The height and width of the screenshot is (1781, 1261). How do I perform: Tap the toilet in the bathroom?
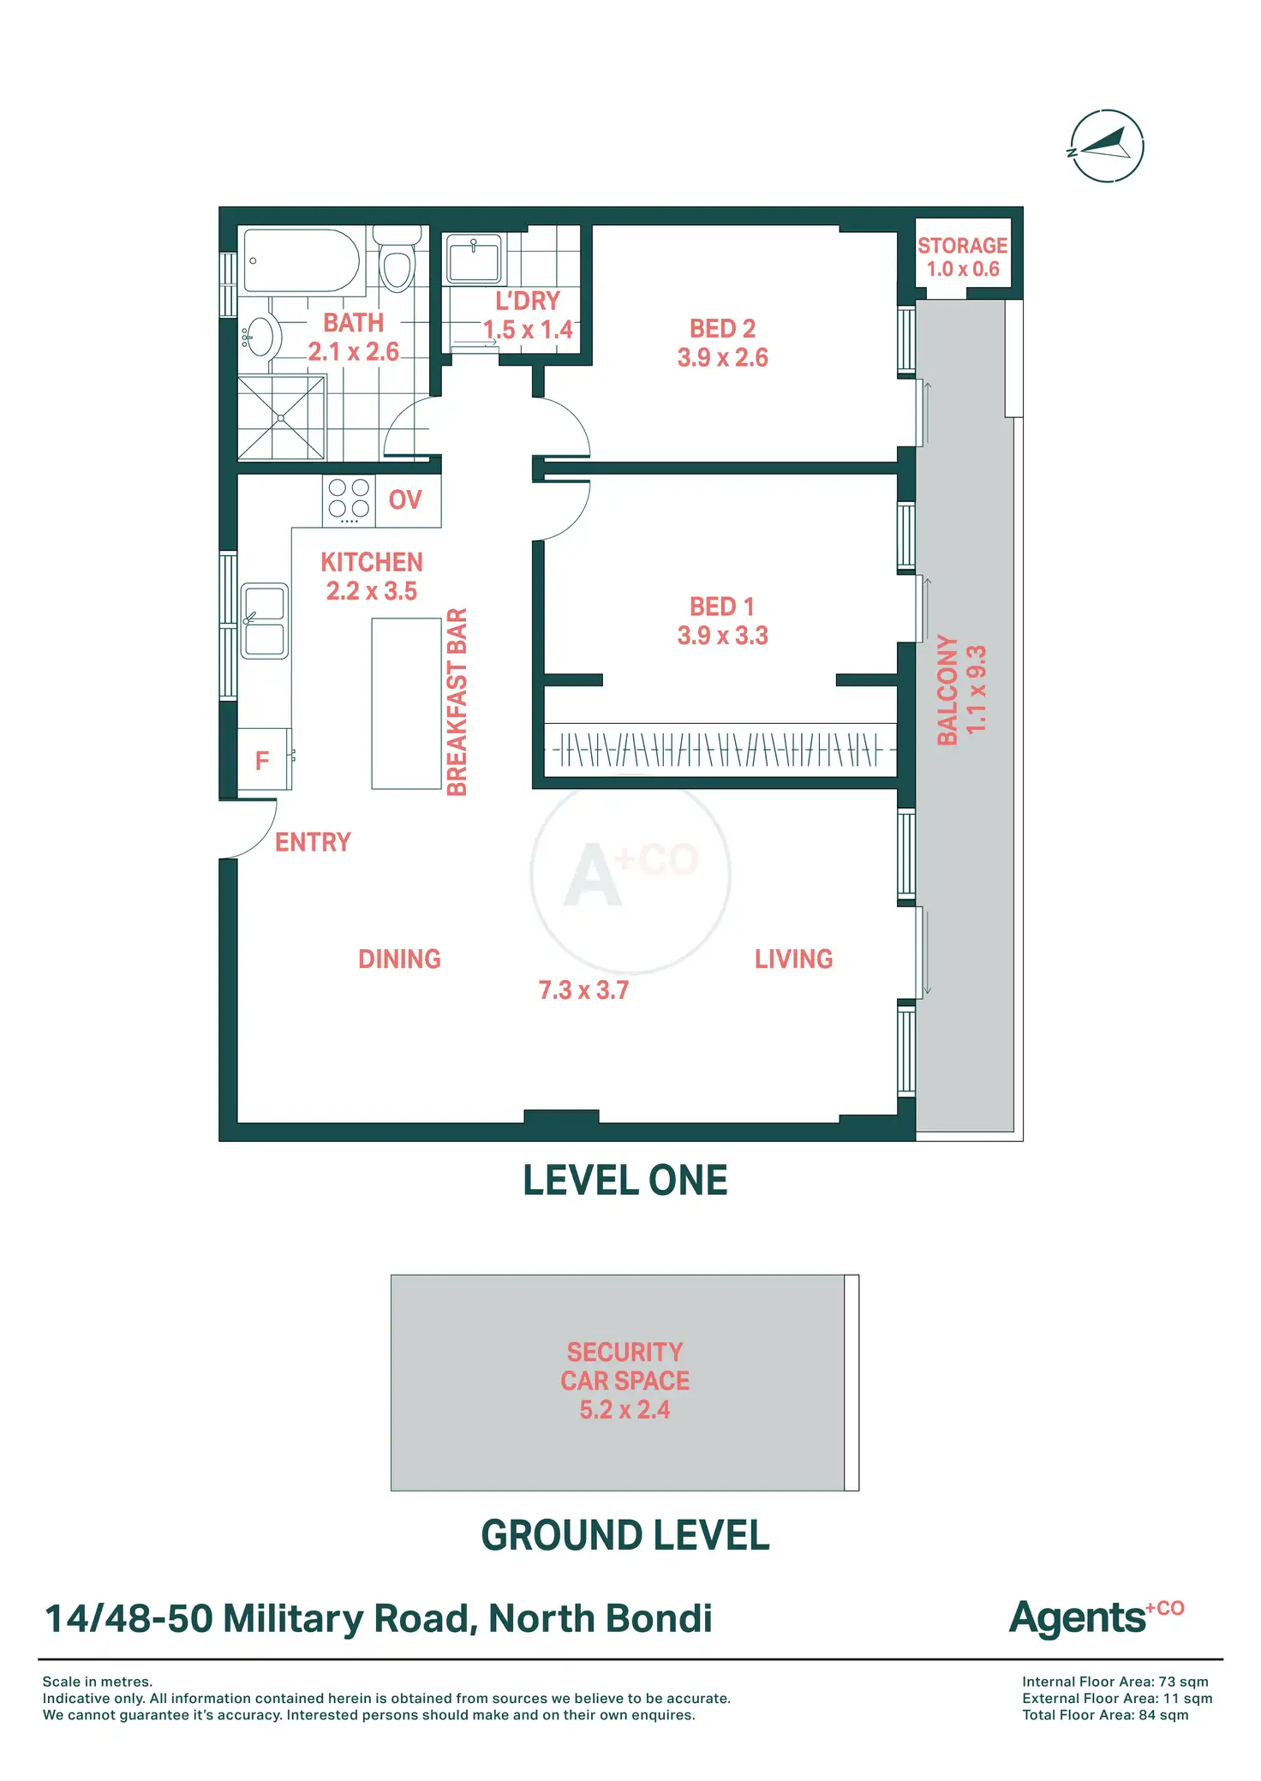point(397,260)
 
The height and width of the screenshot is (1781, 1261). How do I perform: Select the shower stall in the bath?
point(281,417)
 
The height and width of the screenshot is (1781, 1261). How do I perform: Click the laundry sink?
point(473,259)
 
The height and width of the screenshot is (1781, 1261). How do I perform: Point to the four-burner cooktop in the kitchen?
point(349,499)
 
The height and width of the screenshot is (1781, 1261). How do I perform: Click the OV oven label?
point(405,499)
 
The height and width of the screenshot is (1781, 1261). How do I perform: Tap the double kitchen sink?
point(264,620)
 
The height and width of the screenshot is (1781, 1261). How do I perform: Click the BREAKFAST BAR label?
point(457,702)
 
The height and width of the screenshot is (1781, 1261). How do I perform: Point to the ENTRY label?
point(313,842)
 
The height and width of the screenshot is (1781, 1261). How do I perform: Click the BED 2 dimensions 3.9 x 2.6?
point(722,357)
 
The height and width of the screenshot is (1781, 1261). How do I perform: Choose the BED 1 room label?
point(722,607)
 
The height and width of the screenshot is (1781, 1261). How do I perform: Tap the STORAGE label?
point(962,246)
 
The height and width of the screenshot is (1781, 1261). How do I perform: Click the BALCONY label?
point(947,690)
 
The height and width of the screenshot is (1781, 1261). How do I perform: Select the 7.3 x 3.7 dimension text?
point(583,990)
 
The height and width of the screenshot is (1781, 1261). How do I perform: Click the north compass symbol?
point(1107,146)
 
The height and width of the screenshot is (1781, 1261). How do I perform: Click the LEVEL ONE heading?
point(625,1180)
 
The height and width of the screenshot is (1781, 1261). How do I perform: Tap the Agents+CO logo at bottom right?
point(1097,1617)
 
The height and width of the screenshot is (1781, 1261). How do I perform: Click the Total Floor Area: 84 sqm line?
point(1105,1714)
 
